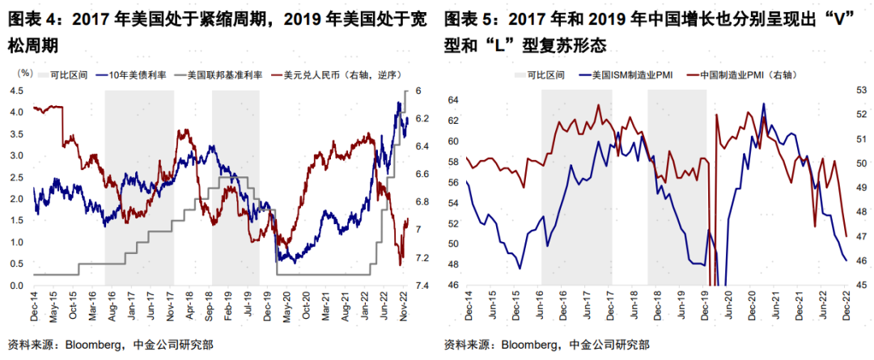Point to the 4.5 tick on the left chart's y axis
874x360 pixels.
(16, 91)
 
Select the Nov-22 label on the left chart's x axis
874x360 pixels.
(405, 310)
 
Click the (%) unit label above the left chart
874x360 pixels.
(25, 73)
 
